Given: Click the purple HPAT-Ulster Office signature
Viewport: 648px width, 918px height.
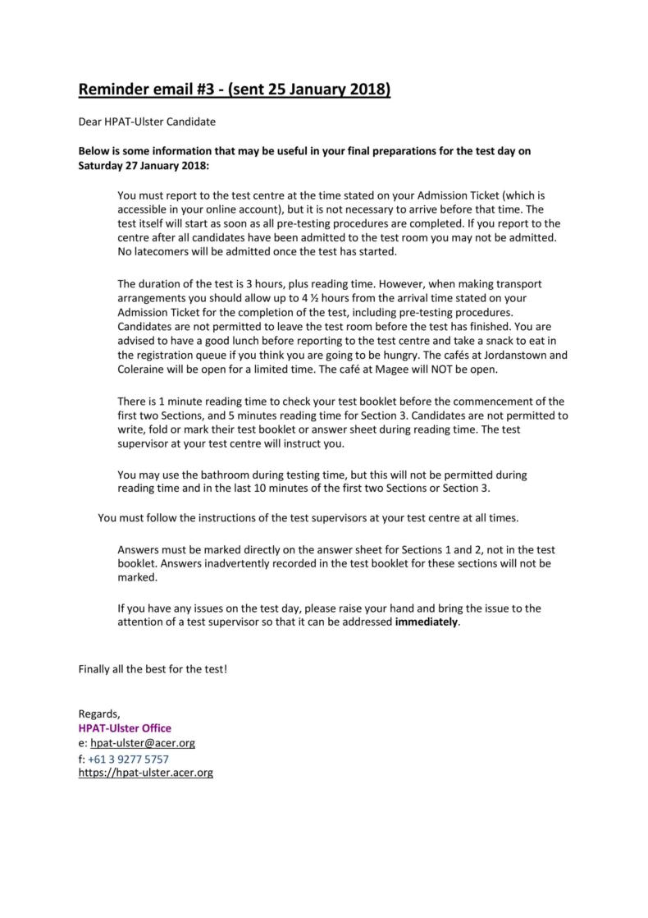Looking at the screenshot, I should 125,728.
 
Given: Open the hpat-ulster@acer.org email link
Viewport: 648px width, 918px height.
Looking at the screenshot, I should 142,742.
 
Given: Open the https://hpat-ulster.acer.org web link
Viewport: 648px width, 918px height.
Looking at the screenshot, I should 145,773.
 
